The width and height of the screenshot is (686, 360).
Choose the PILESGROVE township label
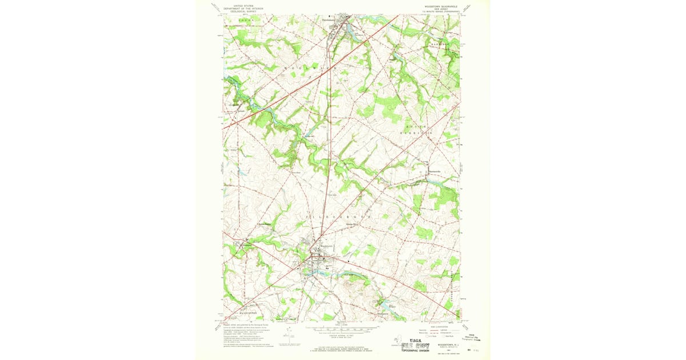click(x=341, y=218)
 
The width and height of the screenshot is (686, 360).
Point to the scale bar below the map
click(x=341, y=329)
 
